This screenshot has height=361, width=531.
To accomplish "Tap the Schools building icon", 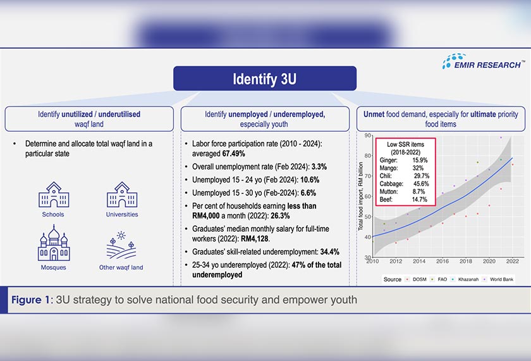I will tap(53, 196).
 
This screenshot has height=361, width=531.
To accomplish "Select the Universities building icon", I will tap(122, 196).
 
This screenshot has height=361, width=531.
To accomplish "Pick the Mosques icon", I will tap(53, 244).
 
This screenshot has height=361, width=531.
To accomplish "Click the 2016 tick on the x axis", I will tap(442, 261).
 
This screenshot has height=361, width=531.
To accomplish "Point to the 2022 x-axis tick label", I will tap(512, 261).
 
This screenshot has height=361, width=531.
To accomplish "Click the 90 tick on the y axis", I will tap(367, 136).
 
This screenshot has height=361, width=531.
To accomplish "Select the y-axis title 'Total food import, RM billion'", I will tap(361, 196).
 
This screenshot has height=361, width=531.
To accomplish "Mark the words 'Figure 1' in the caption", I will tap(30, 300).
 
